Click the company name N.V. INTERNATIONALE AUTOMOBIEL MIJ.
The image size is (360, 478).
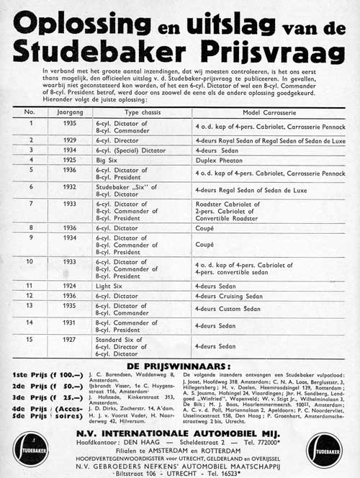179,436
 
